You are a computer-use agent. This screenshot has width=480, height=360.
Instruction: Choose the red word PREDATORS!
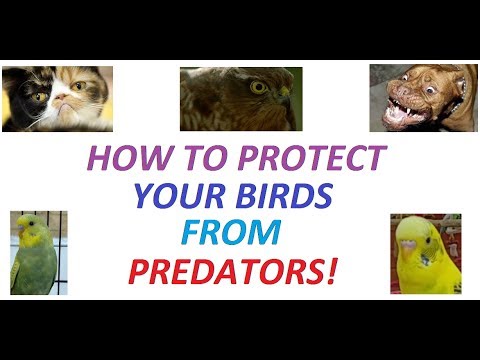coord(236,270)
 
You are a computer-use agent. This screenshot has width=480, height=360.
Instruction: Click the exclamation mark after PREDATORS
coord(328,270)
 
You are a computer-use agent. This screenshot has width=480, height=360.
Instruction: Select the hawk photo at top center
coord(240,99)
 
